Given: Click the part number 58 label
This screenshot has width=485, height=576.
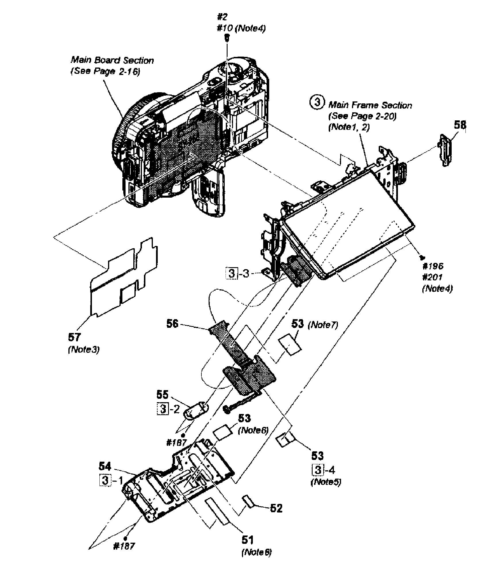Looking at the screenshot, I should pyautogui.click(x=460, y=125).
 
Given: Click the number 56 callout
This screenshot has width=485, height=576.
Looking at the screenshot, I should pyautogui.click(x=172, y=324).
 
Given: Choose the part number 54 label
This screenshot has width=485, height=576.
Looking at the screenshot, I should pyautogui.click(x=105, y=466).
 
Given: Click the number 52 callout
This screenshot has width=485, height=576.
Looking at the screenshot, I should pyautogui.click(x=276, y=508).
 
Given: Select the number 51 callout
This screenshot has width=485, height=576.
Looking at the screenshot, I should pyautogui.click(x=247, y=540).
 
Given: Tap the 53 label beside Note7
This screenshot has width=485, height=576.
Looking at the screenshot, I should pyautogui.click(x=297, y=324).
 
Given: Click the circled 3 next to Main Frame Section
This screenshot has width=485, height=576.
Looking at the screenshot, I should pyautogui.click(x=316, y=103).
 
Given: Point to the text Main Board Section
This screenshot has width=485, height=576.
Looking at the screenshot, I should pyautogui.click(x=112, y=60).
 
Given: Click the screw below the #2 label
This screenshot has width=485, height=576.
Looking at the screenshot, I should pyautogui.click(x=227, y=37).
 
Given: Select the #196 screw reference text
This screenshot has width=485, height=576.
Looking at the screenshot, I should pyautogui.click(x=432, y=266).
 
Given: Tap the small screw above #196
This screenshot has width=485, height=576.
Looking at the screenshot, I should pyautogui.click(x=422, y=257).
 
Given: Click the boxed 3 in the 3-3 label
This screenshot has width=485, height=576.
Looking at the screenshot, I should pyautogui.click(x=232, y=273).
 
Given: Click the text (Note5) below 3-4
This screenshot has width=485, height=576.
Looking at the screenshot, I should pyautogui.click(x=326, y=482).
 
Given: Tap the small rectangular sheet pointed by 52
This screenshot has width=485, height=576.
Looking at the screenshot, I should pyautogui.click(x=248, y=501).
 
